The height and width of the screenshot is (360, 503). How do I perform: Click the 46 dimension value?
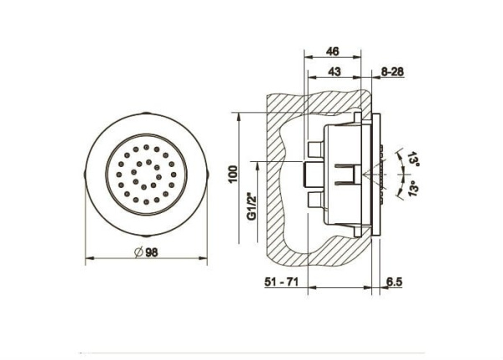coord(333,51)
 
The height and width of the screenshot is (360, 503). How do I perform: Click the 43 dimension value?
coord(334,71)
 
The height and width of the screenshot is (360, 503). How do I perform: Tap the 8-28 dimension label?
coord(392,71)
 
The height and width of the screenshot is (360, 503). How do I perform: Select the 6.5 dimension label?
coord(394,282)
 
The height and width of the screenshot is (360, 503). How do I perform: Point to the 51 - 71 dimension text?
coord(282,282)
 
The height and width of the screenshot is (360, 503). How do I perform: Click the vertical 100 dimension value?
coord(233,174)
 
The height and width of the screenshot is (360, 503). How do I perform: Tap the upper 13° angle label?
coord(413,159)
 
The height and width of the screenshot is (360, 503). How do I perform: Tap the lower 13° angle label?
coord(413,188)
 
